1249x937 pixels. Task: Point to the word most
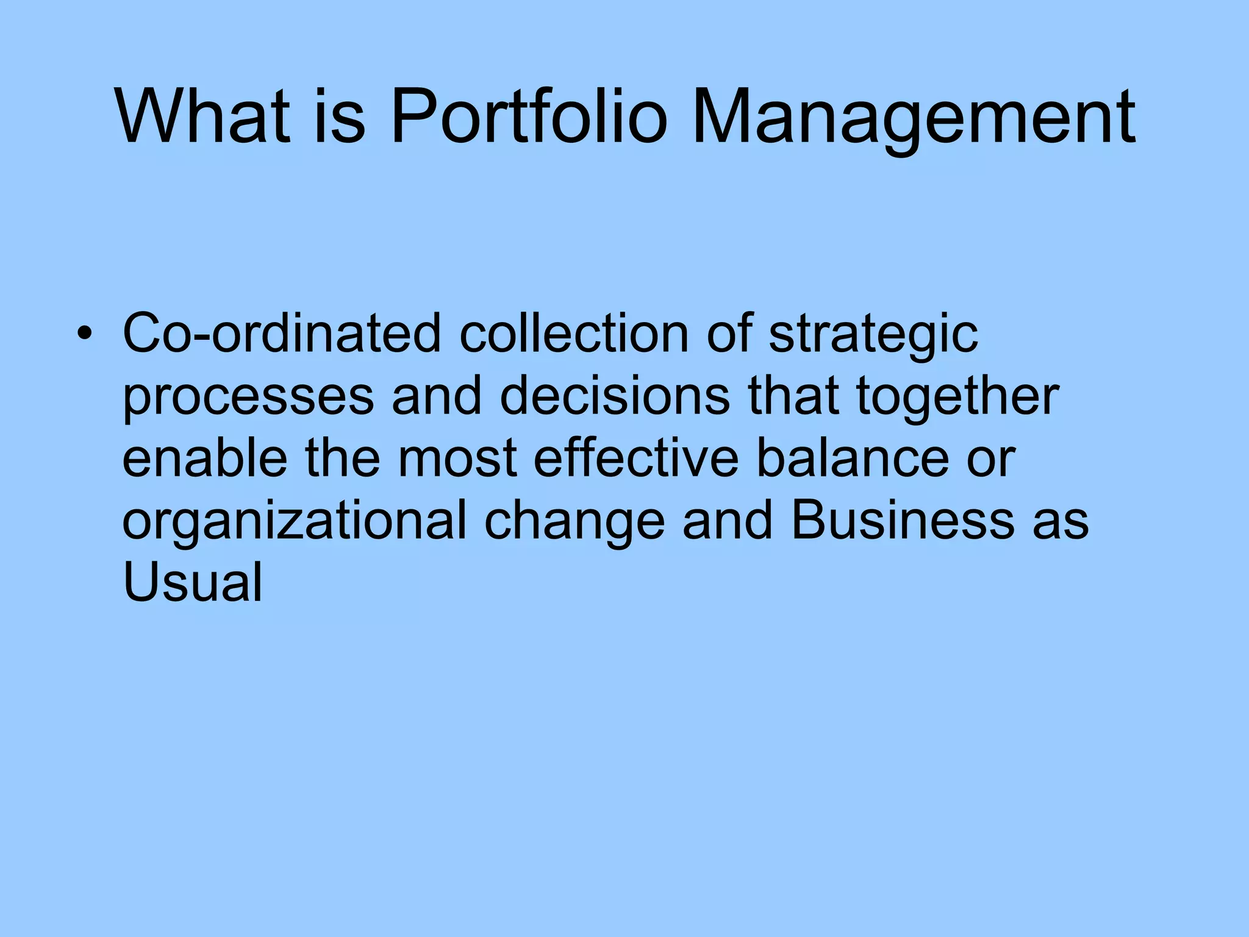pyautogui.click(x=457, y=459)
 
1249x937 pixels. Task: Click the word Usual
pyautogui.click(x=192, y=582)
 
